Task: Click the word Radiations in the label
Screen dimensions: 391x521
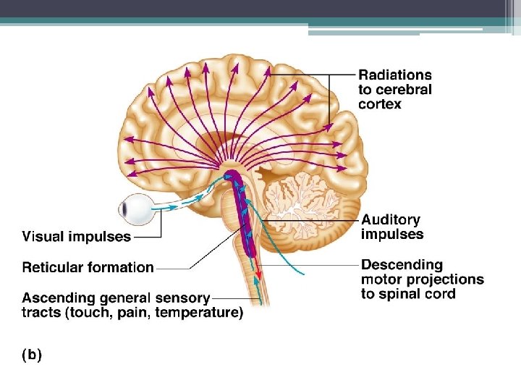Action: tap(395, 75)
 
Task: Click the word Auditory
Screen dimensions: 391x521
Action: tap(391, 219)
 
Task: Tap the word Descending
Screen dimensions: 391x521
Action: tap(402, 264)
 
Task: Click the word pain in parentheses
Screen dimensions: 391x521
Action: tap(135, 313)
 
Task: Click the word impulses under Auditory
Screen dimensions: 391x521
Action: tap(392, 235)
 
